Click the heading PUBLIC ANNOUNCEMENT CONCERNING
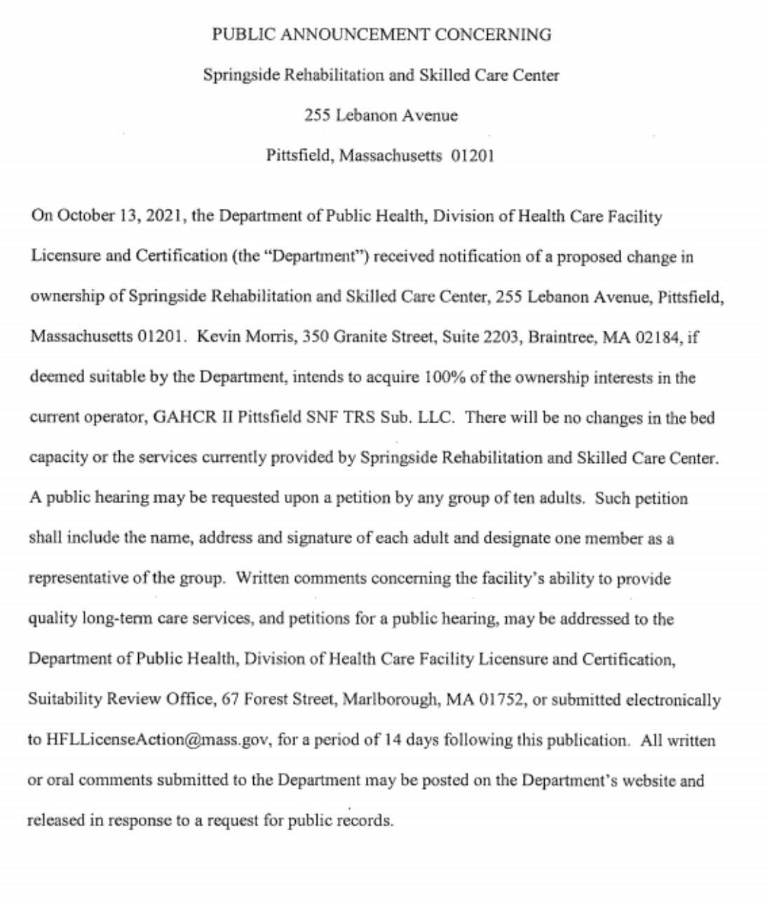(381, 34)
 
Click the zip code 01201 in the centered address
(473, 156)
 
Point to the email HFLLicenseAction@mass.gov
(157, 740)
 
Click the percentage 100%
(442, 378)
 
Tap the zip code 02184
(657, 337)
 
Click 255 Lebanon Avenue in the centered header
(381, 116)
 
